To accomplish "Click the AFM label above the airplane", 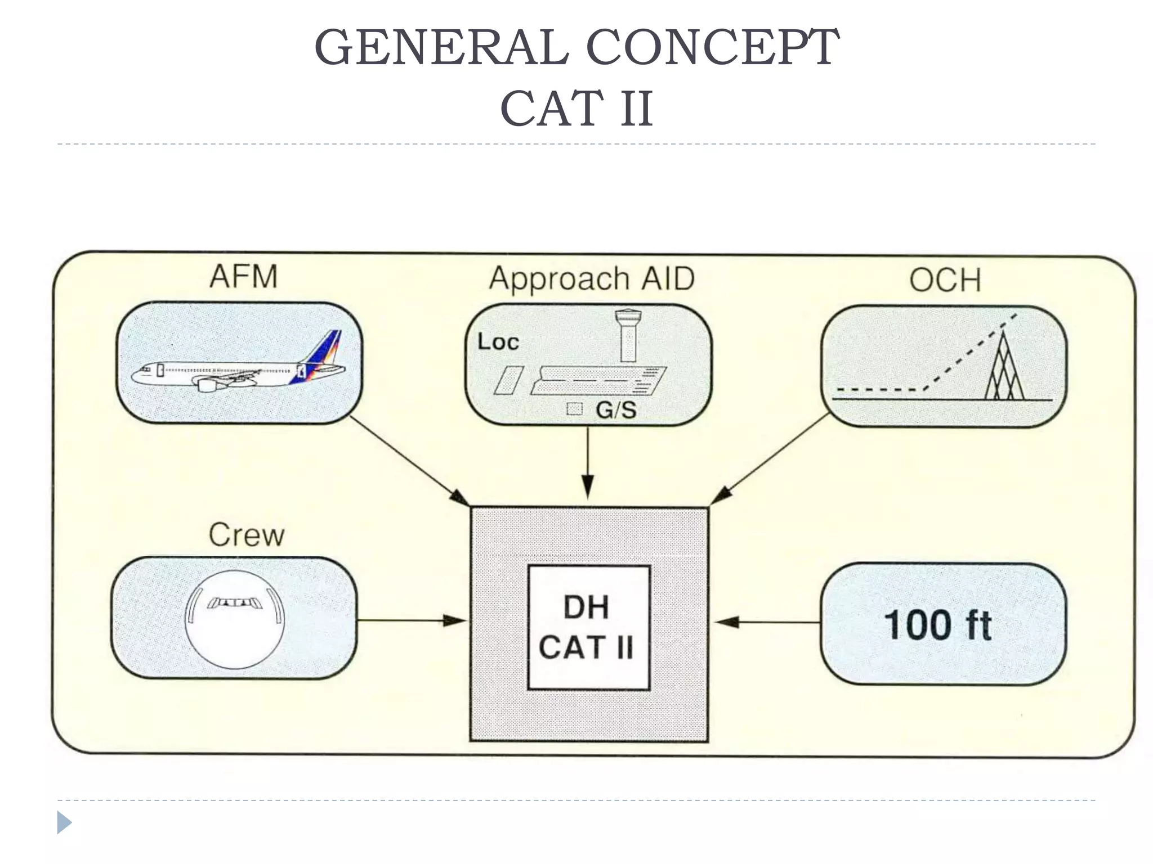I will point(244,277).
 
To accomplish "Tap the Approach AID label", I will point(592,279).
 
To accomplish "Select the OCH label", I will point(945,280).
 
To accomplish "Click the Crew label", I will point(247,535).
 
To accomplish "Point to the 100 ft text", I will point(938,625).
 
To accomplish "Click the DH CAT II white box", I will point(588,627).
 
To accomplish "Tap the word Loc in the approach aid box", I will point(498,342).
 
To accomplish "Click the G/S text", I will point(616,409).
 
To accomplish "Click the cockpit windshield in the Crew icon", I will point(234,603).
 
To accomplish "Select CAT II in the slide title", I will point(576,109).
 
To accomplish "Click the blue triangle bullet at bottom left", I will point(64,822).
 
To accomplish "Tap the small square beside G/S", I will point(574,409).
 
